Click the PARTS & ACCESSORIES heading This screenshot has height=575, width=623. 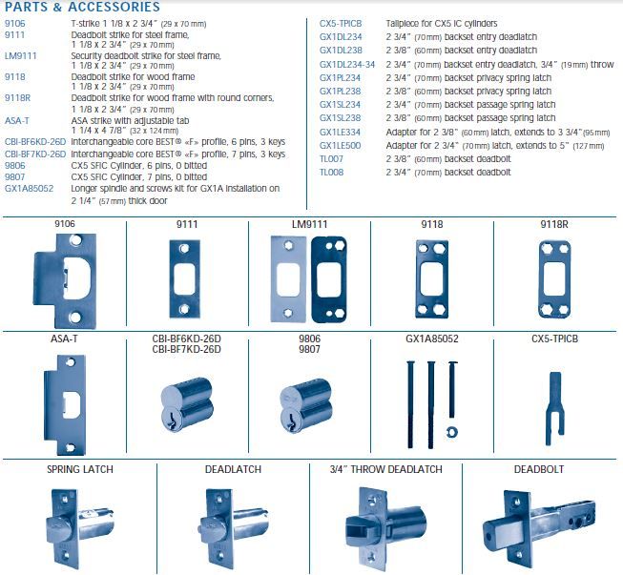coord(82,8)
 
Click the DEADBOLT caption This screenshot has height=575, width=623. coord(540,469)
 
